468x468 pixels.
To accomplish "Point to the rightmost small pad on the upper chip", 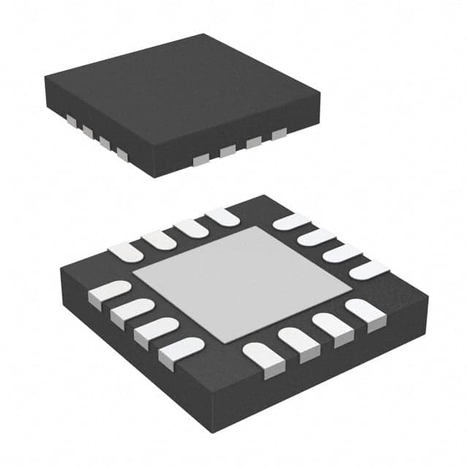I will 279,135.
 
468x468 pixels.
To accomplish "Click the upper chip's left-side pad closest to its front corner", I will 121,153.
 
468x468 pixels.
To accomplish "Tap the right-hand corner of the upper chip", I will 320,91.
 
